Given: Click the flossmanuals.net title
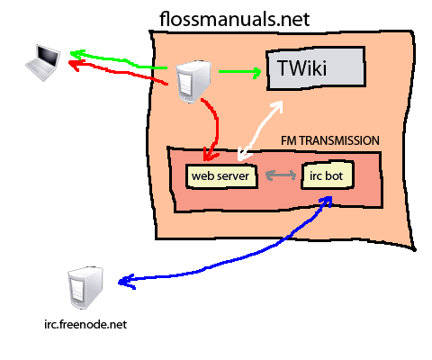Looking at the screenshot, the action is coord(234,19).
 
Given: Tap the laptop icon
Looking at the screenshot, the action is coord(43,62).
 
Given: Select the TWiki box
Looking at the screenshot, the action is coord(316,68).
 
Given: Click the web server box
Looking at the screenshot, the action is coord(221,176).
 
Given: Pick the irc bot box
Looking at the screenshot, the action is coord(328,175).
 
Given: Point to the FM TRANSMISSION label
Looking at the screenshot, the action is coord(329,140).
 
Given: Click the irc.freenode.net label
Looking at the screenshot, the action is coord(85,324).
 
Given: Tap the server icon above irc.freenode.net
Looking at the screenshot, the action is coord(85,288).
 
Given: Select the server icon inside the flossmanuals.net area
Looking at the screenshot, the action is coord(193,82).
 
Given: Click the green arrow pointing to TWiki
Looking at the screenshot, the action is coord(240,72).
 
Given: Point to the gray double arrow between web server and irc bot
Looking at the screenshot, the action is coord(281,175).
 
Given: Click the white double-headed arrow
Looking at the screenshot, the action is coord(260,130).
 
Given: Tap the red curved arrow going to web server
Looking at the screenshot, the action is coord(217,126).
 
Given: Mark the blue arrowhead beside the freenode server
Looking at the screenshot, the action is coord(127,282).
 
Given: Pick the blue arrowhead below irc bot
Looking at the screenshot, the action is coord(326,201).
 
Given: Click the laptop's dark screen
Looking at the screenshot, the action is coord(48,56).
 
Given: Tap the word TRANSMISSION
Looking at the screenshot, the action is coord(339,140).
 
